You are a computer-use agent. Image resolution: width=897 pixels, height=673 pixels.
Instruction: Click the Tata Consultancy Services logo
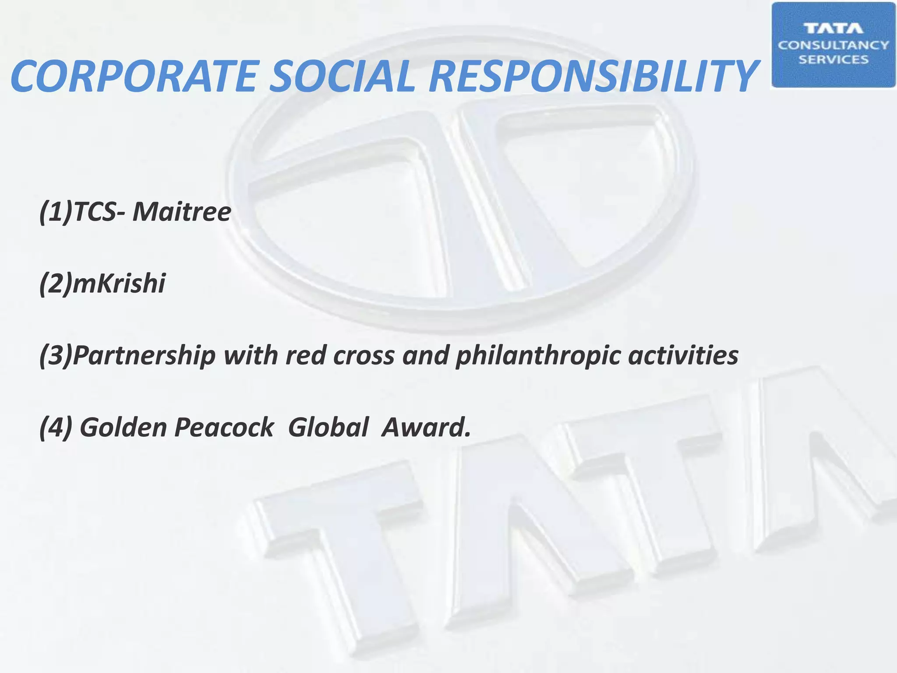click(x=833, y=45)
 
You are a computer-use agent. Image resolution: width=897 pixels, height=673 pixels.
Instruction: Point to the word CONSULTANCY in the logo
click(x=833, y=45)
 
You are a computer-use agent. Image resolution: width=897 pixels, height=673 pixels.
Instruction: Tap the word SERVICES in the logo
click(x=833, y=60)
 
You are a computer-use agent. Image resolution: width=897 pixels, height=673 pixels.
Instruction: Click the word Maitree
click(x=181, y=212)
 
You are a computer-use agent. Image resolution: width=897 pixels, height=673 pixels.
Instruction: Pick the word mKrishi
click(x=119, y=283)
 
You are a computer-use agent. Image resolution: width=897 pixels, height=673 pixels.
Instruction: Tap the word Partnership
click(x=144, y=355)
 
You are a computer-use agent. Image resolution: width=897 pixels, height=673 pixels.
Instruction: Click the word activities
click(x=683, y=355)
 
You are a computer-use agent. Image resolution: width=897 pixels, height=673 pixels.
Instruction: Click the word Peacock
click(x=224, y=427)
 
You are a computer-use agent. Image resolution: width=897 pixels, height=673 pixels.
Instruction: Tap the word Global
click(x=328, y=427)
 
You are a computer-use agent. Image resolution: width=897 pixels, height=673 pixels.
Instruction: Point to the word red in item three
click(x=306, y=355)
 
